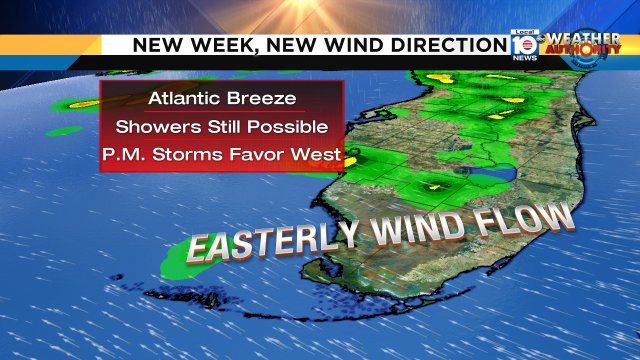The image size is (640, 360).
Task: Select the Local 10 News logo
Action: point(524,45)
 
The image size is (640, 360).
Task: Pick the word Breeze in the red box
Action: point(263,99)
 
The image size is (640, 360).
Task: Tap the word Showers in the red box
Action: point(154,127)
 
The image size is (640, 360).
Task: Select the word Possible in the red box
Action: point(291,127)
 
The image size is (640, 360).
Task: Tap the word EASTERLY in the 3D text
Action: point(270,243)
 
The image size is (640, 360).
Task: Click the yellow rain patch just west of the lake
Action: point(432,186)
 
